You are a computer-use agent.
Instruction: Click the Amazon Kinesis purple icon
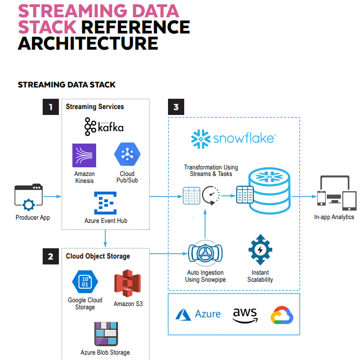point(84,155)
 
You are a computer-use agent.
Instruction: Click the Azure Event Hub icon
point(106,203)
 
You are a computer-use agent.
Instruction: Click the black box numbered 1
point(51,107)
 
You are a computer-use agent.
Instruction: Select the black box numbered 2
point(51,256)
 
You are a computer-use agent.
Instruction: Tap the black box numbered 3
point(176,107)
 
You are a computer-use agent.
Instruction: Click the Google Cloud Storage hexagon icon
point(85,282)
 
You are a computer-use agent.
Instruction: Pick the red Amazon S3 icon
point(127,282)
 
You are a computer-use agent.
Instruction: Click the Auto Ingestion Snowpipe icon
point(205,254)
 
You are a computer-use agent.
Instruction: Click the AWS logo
point(245,314)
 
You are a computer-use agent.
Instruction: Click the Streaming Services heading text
point(95,107)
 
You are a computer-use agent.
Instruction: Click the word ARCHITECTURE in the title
point(88,43)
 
